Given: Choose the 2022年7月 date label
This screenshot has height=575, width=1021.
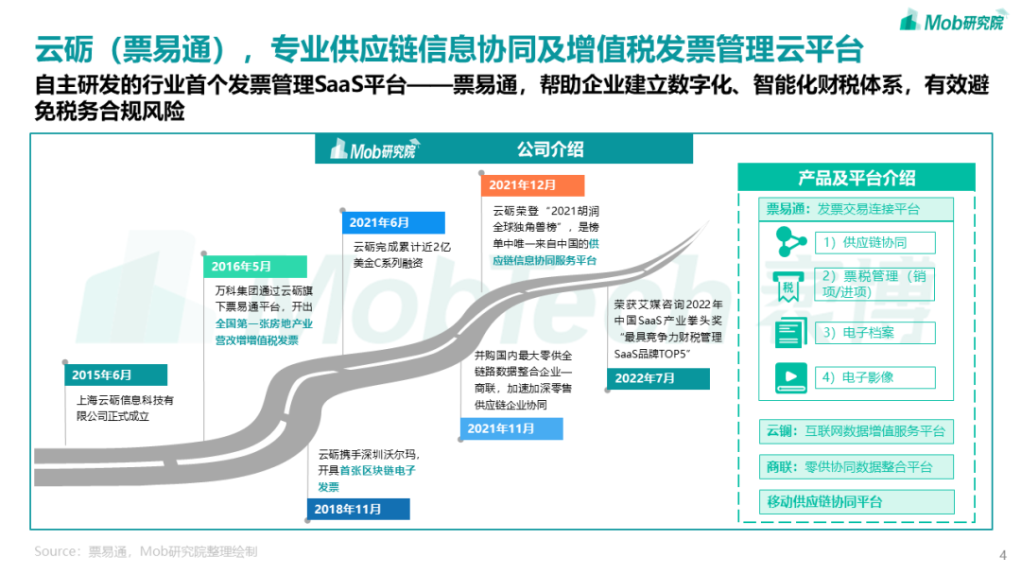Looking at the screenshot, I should [659, 378].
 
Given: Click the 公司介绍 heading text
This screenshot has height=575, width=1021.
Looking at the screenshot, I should [549, 149].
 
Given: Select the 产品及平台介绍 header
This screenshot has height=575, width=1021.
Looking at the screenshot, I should [857, 178].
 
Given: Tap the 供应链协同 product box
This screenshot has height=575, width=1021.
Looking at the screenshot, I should [875, 241].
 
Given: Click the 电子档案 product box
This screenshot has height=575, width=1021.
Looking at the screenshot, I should [875, 333].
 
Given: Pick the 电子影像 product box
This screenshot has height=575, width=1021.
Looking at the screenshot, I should [875, 377].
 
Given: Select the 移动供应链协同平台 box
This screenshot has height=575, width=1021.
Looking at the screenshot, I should [857, 501].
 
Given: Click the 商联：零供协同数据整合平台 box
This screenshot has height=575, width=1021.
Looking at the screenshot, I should [857, 466].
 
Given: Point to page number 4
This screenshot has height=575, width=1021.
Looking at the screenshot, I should [1002, 554].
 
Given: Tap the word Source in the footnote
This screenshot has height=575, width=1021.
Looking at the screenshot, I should [55, 550].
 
